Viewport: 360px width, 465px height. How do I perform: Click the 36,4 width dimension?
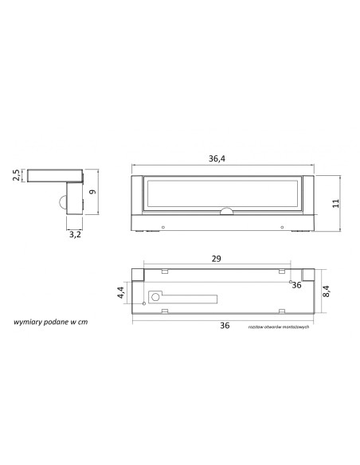217,159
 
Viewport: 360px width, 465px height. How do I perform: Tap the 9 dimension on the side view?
93,192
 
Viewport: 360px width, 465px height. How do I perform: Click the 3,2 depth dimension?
74,235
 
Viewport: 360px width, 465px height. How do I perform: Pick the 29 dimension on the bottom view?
217,259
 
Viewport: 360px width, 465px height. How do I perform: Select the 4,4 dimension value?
120,292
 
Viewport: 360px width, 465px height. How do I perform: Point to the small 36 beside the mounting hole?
296,284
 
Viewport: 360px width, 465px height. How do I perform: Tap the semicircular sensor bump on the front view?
225,211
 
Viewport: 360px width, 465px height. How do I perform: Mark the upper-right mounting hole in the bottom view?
288,279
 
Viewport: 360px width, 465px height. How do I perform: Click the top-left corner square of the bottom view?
136,275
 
